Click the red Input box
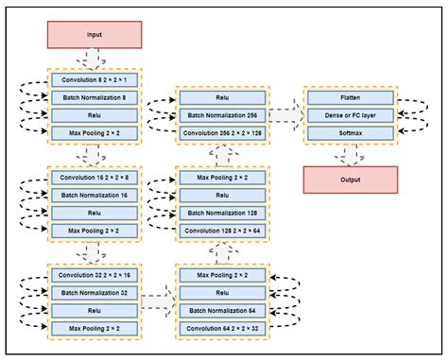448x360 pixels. [x=95, y=35]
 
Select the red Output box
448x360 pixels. [x=351, y=179]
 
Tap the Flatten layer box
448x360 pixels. [x=351, y=96]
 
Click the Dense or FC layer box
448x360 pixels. [x=351, y=114]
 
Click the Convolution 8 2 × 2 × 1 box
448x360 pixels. [x=95, y=79]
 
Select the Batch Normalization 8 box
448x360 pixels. [x=95, y=96]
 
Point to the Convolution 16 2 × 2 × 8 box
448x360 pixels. [x=95, y=177]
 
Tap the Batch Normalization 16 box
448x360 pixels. [x=95, y=195]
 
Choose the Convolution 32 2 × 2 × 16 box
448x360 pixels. [x=95, y=274]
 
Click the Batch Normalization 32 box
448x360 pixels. [x=95, y=292]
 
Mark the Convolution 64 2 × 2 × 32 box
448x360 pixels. [x=223, y=327]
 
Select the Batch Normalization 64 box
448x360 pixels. [x=223, y=309]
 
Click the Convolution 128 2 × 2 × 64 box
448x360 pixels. [x=223, y=230]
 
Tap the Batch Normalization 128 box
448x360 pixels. [x=223, y=213]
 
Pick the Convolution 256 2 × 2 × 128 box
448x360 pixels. [x=223, y=132]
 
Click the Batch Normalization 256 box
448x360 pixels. [x=223, y=114]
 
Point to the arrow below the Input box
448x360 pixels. [x=95, y=59]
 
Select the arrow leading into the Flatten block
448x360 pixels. [x=286, y=114]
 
